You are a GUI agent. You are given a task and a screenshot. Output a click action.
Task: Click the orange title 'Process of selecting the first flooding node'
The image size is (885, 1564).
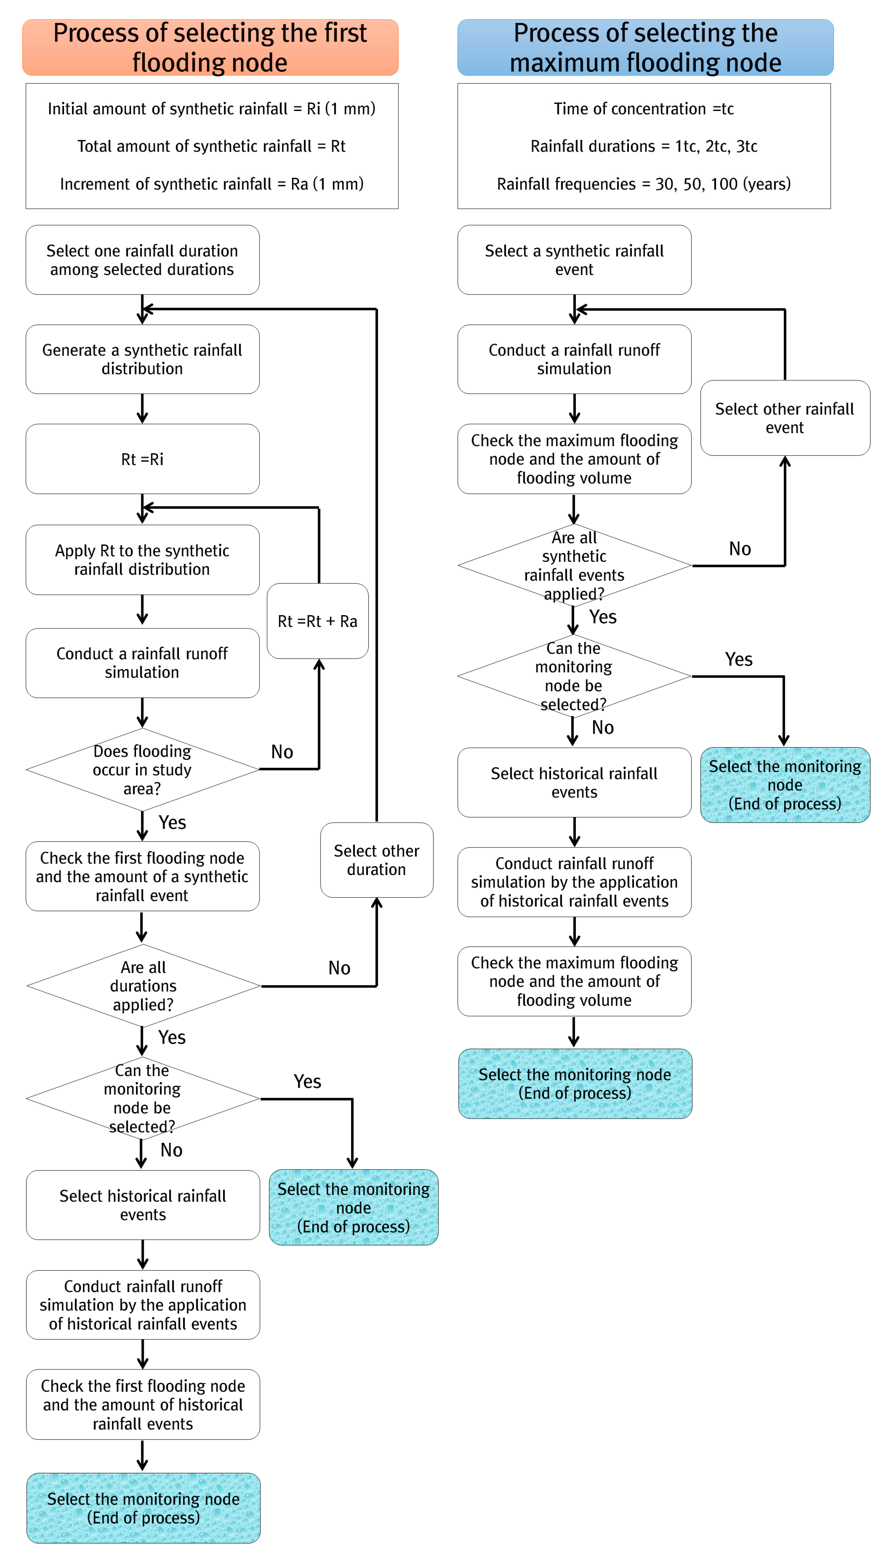point(210,47)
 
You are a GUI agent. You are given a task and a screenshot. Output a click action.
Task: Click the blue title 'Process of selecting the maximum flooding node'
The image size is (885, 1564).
point(646,47)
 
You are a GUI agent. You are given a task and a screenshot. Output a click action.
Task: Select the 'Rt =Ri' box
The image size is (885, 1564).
point(142,459)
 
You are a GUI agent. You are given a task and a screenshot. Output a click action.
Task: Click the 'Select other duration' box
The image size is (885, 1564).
point(377,860)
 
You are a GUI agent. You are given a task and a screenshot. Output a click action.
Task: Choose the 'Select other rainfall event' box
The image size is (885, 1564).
point(785,418)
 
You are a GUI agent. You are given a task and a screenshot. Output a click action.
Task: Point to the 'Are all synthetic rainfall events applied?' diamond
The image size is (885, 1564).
point(574,566)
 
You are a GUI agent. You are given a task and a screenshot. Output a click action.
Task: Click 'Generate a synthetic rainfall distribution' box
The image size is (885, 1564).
point(142,359)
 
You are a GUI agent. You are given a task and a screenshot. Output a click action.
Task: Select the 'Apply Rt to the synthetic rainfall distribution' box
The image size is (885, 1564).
point(142,560)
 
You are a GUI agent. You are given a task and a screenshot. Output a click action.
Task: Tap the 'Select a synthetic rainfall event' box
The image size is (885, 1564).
point(574,260)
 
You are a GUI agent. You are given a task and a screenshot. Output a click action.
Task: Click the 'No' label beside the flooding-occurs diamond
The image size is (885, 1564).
point(282,752)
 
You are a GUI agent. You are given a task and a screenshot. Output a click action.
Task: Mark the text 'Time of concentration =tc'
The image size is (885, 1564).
point(644,109)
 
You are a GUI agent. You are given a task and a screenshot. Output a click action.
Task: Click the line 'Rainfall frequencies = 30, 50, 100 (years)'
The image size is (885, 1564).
point(644,184)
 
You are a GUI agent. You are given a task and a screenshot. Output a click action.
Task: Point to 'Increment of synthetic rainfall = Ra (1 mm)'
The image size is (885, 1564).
point(211,184)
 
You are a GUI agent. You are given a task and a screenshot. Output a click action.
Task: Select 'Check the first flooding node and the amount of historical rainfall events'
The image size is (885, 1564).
point(143,1405)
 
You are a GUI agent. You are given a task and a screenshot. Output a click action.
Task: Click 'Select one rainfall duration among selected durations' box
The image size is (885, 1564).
point(142,260)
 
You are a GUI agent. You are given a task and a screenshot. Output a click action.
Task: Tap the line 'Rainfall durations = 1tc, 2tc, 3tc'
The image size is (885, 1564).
point(644,147)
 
